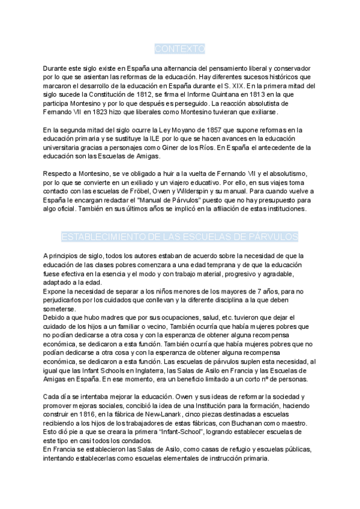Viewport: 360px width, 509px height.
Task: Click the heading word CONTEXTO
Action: coord(180,48)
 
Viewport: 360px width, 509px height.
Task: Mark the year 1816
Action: coord(83,414)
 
